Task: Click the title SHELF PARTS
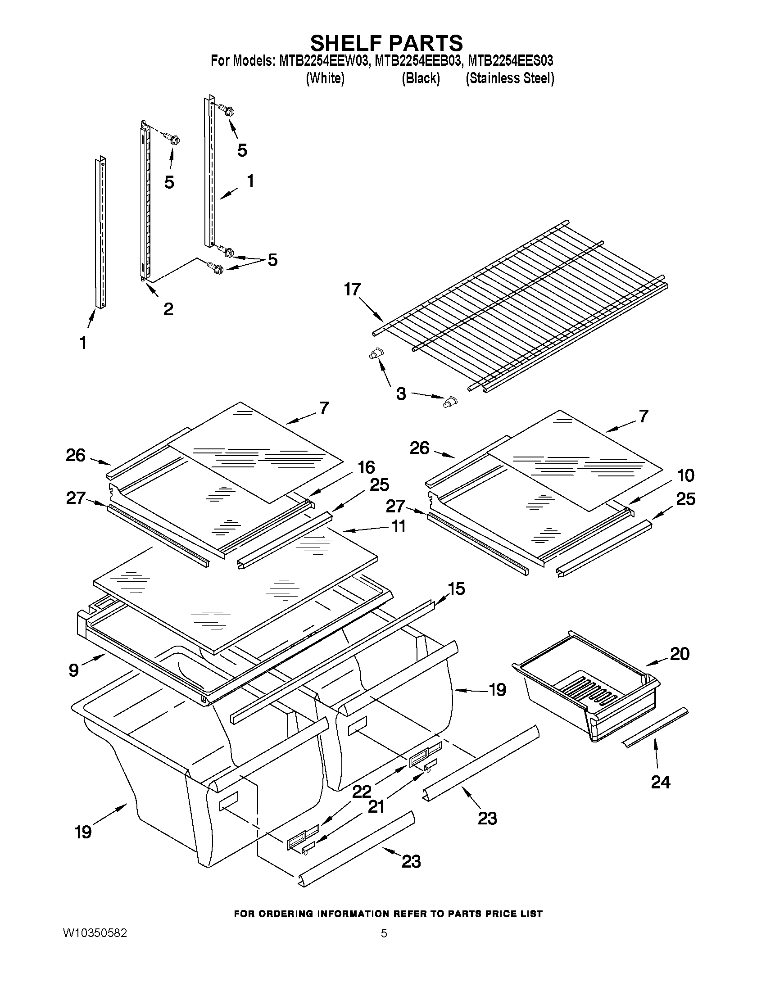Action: click(x=386, y=43)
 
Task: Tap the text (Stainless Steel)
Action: click(x=510, y=78)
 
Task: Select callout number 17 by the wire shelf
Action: click(x=352, y=290)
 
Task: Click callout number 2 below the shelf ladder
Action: click(x=168, y=309)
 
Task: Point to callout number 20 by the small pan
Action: click(x=680, y=654)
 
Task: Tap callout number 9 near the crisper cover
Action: click(x=74, y=670)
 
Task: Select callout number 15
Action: click(x=456, y=588)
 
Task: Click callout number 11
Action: click(x=398, y=526)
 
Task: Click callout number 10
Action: click(x=685, y=475)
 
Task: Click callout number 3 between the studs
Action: click(x=401, y=394)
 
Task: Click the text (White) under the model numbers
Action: click(x=326, y=78)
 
